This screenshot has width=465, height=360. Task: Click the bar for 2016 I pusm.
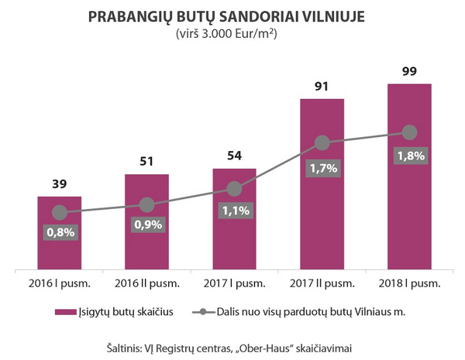point(60,233)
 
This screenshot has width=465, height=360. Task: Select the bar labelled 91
point(322,184)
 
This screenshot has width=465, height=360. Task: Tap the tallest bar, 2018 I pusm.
point(409,177)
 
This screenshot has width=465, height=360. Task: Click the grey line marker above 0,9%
point(147,204)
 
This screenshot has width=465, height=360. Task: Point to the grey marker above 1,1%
point(234,189)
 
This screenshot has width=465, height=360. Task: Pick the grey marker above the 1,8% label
point(409,132)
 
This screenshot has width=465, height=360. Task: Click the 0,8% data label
point(60,232)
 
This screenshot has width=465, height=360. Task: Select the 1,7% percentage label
point(323,168)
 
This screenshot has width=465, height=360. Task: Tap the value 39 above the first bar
point(60,184)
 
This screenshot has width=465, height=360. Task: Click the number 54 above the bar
point(235,156)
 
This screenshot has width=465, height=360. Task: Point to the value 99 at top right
point(409,71)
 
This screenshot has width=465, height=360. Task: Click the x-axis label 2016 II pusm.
point(147,283)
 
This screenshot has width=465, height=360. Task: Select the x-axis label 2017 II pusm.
point(322,283)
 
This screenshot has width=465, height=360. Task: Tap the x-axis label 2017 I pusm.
point(234,283)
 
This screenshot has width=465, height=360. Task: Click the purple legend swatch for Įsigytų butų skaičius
point(66,312)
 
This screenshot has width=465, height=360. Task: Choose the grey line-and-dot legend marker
point(203,312)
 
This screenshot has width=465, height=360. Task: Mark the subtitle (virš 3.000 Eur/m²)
point(226,34)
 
